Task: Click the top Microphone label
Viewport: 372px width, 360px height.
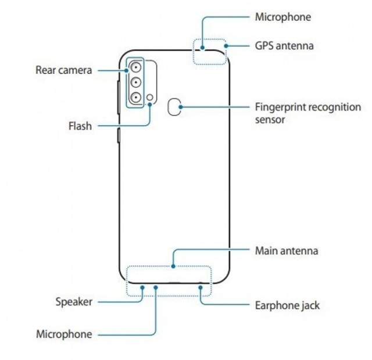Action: point(283,17)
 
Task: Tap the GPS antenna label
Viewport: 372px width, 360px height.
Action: point(285,44)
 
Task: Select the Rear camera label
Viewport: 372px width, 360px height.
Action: point(64,70)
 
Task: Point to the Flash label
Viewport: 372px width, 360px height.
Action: point(79,125)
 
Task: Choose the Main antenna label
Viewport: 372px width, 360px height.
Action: point(287,251)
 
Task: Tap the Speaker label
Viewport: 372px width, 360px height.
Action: point(74,301)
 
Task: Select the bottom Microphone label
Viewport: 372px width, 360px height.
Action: point(65,334)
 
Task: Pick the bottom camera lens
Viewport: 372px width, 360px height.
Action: point(135,97)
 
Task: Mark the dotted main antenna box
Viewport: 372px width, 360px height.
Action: point(169,280)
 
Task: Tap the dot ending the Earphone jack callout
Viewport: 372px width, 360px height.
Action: point(200,286)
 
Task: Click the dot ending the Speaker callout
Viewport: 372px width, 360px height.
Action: point(142,286)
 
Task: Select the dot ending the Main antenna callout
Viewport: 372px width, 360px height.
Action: point(174,267)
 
